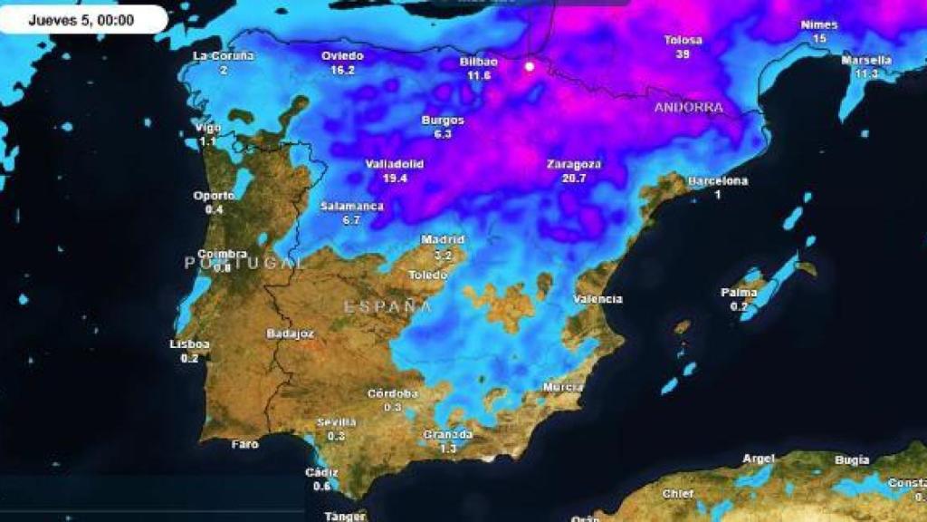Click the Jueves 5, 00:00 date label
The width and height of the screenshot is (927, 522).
click(81, 19)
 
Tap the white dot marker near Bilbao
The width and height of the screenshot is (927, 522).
click(530, 66)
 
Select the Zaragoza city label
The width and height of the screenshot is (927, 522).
click(574, 164)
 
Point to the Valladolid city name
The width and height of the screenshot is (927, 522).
click(394, 164)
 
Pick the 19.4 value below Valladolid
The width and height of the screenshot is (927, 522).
click(395, 179)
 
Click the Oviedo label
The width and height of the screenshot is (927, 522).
click(343, 56)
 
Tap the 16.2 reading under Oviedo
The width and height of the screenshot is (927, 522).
click(343, 70)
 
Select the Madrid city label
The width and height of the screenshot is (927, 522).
click(443, 239)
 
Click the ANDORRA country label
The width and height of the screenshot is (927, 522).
click(689, 108)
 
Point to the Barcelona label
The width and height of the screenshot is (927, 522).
click(718, 181)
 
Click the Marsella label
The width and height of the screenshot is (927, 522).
click(866, 61)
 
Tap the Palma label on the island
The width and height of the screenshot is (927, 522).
click(739, 293)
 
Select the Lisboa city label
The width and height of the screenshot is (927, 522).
click(190, 344)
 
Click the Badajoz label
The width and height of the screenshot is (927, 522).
click(291, 333)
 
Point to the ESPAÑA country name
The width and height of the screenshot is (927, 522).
click(387, 306)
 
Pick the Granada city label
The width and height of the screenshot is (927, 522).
click(447, 435)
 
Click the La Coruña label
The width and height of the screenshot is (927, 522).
click(224, 56)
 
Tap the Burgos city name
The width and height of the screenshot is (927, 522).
click(443, 121)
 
